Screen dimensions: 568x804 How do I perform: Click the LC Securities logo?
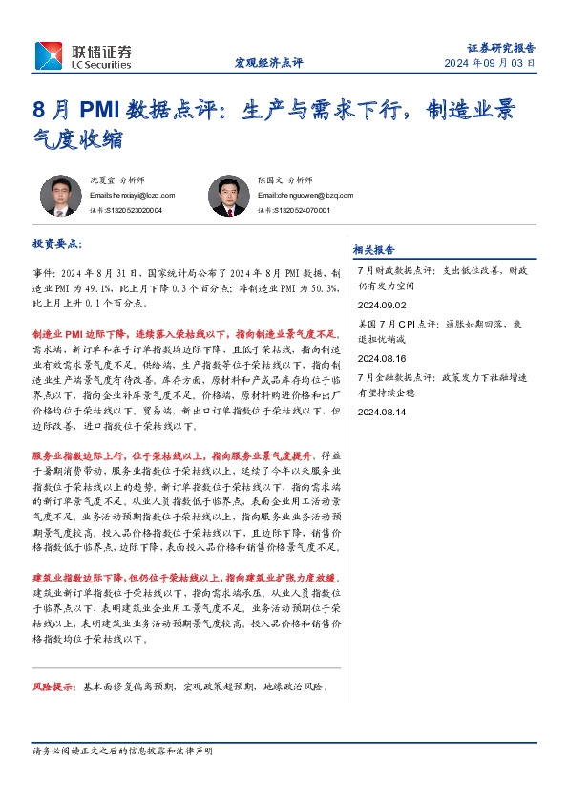[x=83, y=55]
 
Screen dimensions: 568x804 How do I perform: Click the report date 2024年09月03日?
[x=490, y=63]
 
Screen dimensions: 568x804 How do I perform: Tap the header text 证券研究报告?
[x=501, y=47]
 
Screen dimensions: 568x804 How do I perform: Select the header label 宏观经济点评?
[x=268, y=63]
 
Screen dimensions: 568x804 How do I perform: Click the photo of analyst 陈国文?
[x=228, y=196]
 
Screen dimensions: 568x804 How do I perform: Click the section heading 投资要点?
[x=58, y=244]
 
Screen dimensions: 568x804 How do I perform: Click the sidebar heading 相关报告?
[x=373, y=250]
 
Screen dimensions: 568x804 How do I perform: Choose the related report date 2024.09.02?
[x=381, y=305]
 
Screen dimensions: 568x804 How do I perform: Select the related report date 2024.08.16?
[x=381, y=358]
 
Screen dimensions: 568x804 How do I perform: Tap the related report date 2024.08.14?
[x=381, y=412]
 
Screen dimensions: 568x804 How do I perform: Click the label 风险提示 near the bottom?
[x=53, y=687]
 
